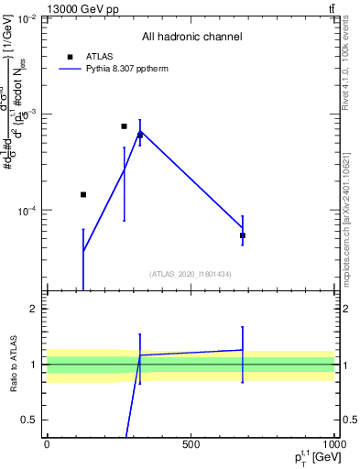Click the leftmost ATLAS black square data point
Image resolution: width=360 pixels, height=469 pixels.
click(83, 194)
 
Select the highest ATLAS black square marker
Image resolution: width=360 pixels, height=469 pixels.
click(124, 126)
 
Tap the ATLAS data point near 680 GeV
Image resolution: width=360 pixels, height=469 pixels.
click(243, 235)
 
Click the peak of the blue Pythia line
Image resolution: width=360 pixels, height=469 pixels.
click(140, 131)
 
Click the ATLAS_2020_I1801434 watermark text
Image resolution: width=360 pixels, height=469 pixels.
click(191, 274)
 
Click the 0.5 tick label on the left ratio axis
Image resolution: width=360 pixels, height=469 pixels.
click(29, 420)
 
